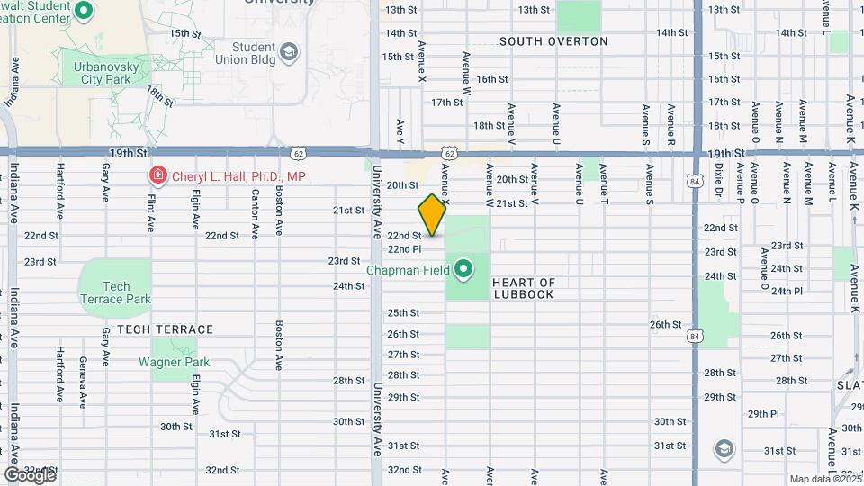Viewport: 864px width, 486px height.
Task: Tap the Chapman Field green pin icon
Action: click(464, 268)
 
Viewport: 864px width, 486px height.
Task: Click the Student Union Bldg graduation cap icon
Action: click(288, 52)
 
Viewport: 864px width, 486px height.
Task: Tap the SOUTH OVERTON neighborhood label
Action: click(553, 41)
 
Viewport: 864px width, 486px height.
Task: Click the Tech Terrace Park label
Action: click(115, 292)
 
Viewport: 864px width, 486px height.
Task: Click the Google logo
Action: click(29, 474)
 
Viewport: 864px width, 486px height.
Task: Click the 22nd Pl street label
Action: click(404, 249)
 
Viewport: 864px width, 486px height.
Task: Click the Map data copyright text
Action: click(825, 479)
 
